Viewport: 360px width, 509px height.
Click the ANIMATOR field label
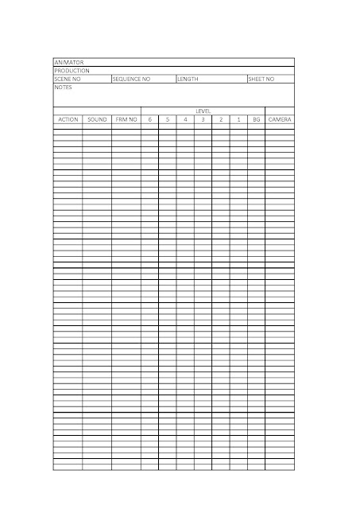point(68,62)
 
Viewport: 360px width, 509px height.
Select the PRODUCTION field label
point(71,71)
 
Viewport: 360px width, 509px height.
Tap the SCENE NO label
point(68,80)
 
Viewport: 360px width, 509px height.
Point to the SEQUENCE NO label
point(131,80)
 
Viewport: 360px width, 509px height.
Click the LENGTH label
point(188,80)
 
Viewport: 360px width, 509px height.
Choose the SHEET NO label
point(261,80)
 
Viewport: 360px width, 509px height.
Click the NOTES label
point(63,87)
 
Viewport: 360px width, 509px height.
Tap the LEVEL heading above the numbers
point(203,111)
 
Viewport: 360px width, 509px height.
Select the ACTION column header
point(68,119)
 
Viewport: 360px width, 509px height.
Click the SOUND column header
point(97,119)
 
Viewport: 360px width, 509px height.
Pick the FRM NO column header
point(126,119)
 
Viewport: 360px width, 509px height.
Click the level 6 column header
point(149,119)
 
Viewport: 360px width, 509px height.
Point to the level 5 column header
point(168,119)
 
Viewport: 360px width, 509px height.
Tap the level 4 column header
point(185,119)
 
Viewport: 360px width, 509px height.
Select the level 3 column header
point(203,119)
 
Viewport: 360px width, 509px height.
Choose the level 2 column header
point(221,119)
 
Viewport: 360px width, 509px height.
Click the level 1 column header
point(238,119)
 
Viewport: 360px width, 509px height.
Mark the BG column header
point(256,119)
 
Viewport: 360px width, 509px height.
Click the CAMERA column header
point(280,119)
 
